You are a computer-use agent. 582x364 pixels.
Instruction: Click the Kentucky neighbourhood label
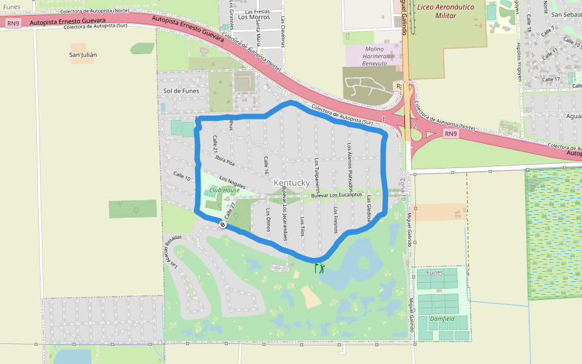click(292, 183)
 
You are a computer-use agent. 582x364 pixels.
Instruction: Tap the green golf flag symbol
click(319, 268)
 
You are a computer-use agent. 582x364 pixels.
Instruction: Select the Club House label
click(224, 190)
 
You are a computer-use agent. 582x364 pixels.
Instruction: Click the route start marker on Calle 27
click(223, 224)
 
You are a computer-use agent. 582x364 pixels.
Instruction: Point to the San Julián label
click(84, 55)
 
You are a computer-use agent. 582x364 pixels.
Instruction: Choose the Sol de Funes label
click(181, 91)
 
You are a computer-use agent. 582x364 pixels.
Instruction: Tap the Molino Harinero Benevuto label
click(375, 56)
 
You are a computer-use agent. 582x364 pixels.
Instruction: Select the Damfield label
click(442, 318)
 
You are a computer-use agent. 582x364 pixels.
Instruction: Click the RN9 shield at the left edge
click(13, 23)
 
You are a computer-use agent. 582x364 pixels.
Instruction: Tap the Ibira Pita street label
click(225, 159)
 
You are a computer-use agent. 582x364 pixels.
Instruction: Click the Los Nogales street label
click(232, 181)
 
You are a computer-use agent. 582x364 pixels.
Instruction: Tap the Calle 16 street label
click(266, 165)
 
